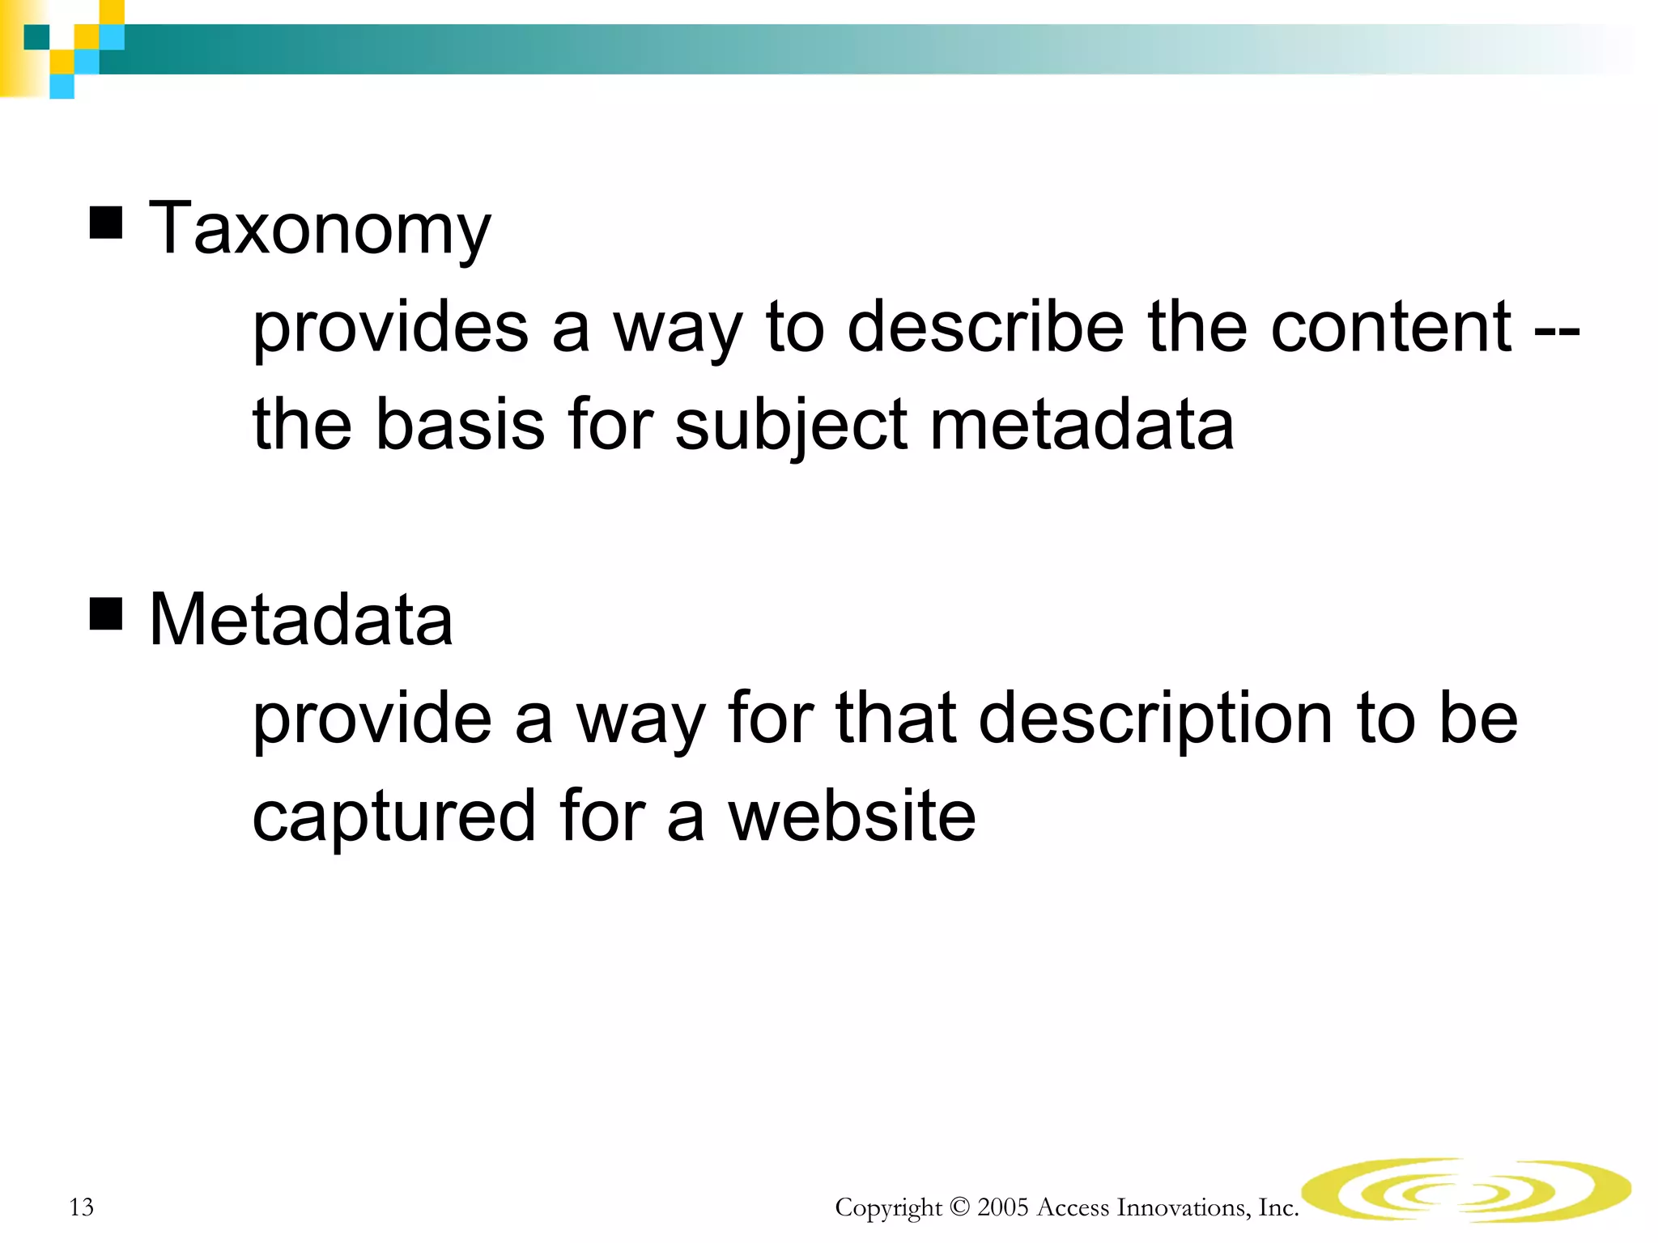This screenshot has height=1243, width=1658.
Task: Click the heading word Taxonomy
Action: (x=320, y=229)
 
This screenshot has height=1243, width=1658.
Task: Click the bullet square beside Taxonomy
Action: (x=106, y=223)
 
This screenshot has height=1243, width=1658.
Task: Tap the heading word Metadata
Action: (x=301, y=620)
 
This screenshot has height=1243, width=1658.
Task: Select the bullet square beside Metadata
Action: (x=106, y=613)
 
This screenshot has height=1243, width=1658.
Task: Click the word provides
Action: (x=390, y=328)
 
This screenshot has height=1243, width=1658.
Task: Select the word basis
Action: (x=460, y=425)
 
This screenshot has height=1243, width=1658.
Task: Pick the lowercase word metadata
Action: (x=1082, y=425)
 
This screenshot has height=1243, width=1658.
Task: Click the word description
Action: (x=1155, y=719)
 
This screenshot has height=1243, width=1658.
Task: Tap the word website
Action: (x=852, y=816)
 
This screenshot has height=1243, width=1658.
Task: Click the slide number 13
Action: (x=82, y=1207)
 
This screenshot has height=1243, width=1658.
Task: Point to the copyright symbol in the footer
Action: (x=959, y=1207)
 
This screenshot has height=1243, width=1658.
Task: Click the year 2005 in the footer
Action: (x=1002, y=1207)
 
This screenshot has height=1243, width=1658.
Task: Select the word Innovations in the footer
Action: (x=1181, y=1207)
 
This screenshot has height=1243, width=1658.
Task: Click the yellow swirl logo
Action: (x=1466, y=1189)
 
